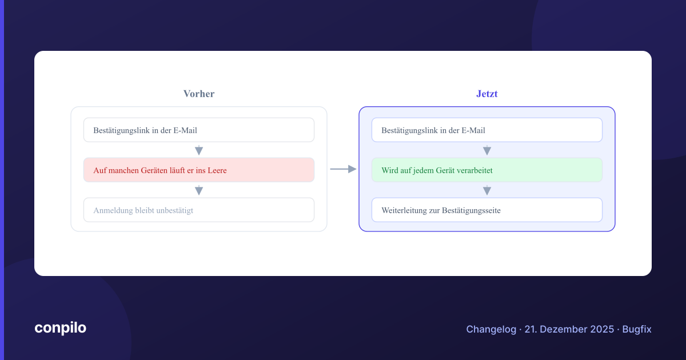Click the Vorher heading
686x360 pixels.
(199, 94)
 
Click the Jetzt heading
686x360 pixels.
(487, 94)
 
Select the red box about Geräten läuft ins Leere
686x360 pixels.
(199, 170)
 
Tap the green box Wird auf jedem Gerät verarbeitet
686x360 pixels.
(487, 170)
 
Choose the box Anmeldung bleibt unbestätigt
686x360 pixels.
(199, 210)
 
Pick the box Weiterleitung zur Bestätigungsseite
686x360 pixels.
(487, 210)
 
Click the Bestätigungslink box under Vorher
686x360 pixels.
(199, 130)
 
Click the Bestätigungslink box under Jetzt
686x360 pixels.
(487, 130)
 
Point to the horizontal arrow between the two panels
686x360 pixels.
(344, 169)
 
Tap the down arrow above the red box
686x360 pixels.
(199, 150)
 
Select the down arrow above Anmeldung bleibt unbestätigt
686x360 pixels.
(199, 190)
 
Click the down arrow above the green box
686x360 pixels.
(487, 150)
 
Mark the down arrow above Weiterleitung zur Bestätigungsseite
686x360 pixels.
(487, 190)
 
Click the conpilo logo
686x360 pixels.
(61, 328)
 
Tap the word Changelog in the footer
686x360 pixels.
(491, 329)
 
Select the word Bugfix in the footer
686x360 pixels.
(637, 329)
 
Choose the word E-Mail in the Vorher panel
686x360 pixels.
(185, 130)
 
